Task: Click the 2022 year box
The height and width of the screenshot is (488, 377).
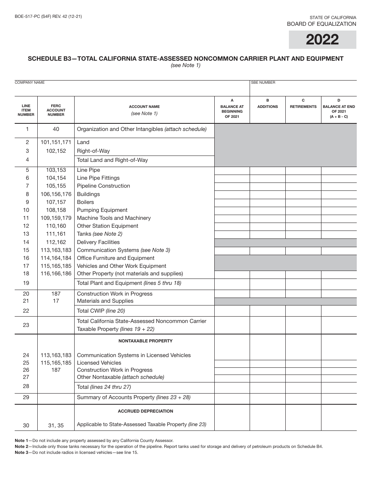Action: (322, 40)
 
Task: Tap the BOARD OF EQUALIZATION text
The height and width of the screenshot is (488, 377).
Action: (321, 24)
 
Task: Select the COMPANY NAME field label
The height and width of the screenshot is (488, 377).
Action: (30, 83)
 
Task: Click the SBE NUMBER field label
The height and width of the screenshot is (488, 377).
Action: (263, 83)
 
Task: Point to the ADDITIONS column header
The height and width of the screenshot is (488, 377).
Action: (267, 106)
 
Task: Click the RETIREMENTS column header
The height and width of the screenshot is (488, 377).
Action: (303, 106)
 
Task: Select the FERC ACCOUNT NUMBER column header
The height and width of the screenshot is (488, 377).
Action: (56, 110)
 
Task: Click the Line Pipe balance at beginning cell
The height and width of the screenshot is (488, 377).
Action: (232, 171)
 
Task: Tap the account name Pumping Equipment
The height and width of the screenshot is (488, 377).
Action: (102, 210)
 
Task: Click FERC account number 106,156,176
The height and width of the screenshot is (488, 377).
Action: (56, 194)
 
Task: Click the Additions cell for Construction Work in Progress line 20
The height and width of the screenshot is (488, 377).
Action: (267, 294)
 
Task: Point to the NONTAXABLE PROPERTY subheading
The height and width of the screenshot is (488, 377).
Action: (145, 341)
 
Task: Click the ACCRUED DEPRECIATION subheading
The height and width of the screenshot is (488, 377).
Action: (145, 411)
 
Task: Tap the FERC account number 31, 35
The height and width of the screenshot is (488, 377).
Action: (56, 425)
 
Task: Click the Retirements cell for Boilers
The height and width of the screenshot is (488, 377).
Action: (303, 202)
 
